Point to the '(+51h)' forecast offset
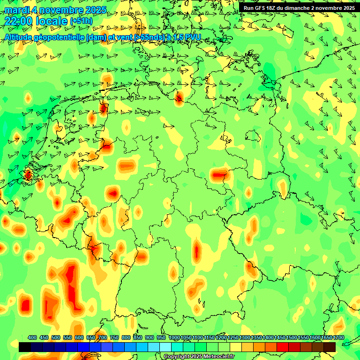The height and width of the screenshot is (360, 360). tap(81, 21)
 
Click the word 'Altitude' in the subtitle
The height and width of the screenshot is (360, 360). tap(19, 37)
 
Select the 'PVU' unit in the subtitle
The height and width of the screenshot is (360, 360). tap(192, 37)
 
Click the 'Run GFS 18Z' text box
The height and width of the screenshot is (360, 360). tap(299, 7)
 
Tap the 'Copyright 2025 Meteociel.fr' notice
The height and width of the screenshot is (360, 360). tap(199, 357)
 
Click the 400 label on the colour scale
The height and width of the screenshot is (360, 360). tap(32, 338)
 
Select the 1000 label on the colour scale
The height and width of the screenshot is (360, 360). tap(174, 338)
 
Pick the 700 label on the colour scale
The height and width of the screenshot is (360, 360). tap(103, 338)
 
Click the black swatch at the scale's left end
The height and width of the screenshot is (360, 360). tap(25, 347)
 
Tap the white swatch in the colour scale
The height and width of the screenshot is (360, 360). tap(165, 347)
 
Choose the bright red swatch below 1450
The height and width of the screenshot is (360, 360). tap(283, 347)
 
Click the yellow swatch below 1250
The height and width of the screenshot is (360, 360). tap(236, 347)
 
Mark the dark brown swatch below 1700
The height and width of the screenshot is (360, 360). tap(330, 347)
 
